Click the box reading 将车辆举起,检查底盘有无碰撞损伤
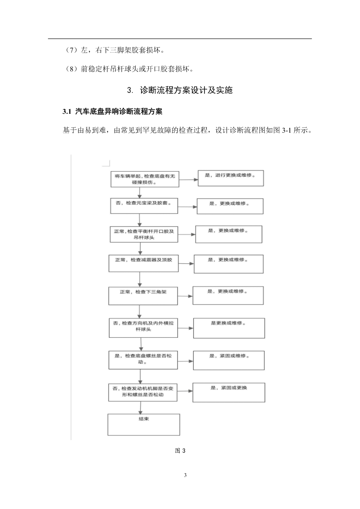point(145,179)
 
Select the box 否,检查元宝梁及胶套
point(144,206)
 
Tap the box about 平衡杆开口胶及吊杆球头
point(144,234)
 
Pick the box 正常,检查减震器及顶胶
point(143,263)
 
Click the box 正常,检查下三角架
point(143,296)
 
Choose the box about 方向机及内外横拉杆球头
point(143,328)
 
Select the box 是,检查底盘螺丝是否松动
point(143,360)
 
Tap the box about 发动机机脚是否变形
point(143,392)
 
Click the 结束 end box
point(144,425)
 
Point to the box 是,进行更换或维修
point(231,178)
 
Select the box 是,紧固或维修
point(229,360)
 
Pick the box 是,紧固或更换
point(229,393)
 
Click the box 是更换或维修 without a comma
point(229,328)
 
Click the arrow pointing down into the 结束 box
point(141,407)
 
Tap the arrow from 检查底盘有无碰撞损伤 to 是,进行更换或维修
point(189,179)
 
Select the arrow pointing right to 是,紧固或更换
point(185,391)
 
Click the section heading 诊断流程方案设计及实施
point(186,90)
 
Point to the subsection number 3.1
point(67,111)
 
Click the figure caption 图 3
point(180,451)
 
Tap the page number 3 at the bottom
point(185,475)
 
